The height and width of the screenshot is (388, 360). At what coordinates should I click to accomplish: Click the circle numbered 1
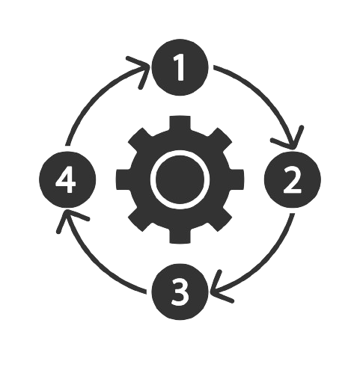(180, 67)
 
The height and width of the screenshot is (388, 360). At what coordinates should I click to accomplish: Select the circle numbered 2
(293, 179)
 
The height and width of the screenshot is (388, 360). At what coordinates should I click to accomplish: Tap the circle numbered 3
(180, 292)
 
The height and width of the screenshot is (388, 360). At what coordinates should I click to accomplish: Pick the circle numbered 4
(67, 179)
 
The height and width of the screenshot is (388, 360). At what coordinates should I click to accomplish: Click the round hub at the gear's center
(180, 179)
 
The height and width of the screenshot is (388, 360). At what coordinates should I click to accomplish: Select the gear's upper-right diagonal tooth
(219, 141)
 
